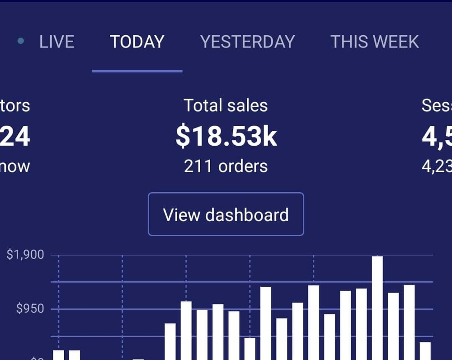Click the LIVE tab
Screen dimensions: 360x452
tap(56, 42)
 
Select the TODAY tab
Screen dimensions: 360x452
tap(137, 42)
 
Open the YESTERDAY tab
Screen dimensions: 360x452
tap(247, 42)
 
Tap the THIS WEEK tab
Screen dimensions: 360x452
tap(374, 42)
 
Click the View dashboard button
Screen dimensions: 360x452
tap(226, 214)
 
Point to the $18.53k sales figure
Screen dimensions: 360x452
tap(226, 137)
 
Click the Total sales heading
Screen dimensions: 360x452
tap(226, 106)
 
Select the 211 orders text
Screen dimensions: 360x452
tap(226, 166)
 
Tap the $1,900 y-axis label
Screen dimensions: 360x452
tap(25, 255)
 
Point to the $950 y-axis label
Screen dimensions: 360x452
tap(30, 309)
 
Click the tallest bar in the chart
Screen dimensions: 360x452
tap(377, 308)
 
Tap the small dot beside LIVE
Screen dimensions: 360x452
tap(20, 42)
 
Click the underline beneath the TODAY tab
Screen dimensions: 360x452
tap(137, 71)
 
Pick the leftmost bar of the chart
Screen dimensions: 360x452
tap(59, 355)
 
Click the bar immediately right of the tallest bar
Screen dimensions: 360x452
tap(393, 326)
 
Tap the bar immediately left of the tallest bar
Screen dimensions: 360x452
tap(361, 323)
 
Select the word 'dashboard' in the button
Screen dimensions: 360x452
tap(247, 214)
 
